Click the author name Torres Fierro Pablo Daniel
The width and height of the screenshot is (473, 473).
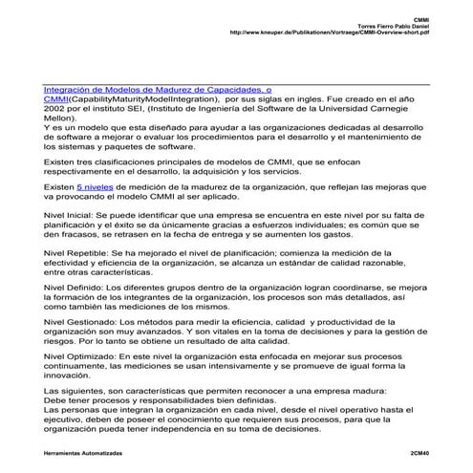click(391, 24)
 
